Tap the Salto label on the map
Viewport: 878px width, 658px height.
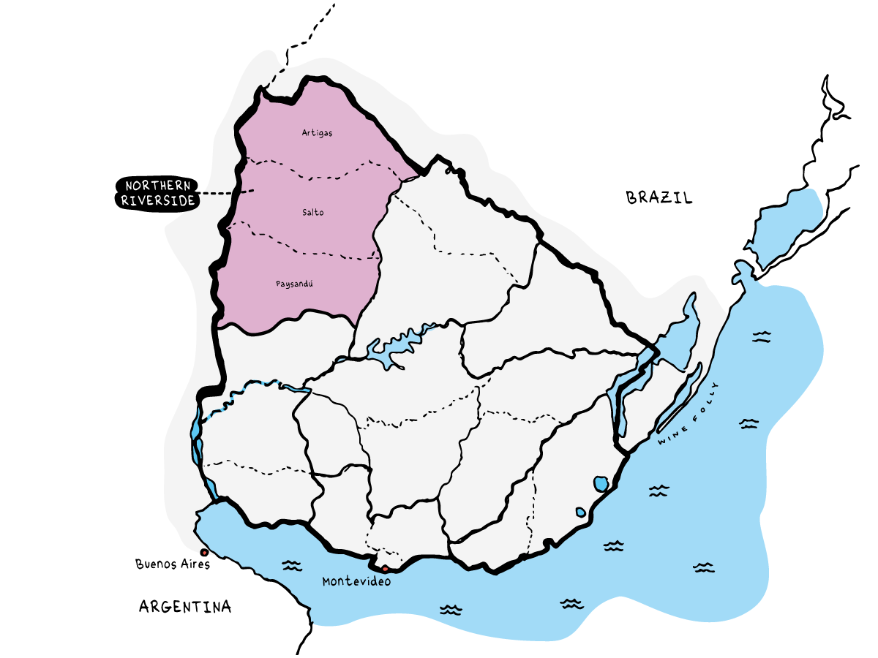click(x=312, y=213)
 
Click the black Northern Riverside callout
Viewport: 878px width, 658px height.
click(x=157, y=194)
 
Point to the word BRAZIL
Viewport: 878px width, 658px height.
click(x=658, y=197)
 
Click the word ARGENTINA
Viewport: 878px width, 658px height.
click(x=185, y=606)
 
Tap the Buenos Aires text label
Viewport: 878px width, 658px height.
click(x=173, y=564)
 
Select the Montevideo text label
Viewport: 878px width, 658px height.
click(x=356, y=581)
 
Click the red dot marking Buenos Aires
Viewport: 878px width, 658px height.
click(x=203, y=552)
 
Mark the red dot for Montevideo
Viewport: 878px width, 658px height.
click(x=385, y=568)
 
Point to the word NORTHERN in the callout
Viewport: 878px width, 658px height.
click(x=158, y=186)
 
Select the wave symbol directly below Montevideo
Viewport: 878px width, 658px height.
click(x=451, y=610)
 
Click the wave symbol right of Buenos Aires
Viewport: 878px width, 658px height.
click(x=292, y=565)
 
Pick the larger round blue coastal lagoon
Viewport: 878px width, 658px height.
click(x=601, y=483)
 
